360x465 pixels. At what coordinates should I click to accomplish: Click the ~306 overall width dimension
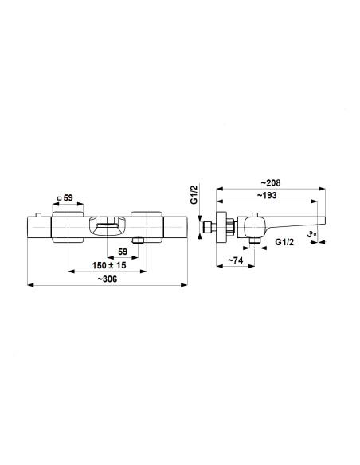pyautogui.click(x=108, y=279)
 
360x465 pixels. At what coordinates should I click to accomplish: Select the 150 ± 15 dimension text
pyautogui.click(x=109, y=265)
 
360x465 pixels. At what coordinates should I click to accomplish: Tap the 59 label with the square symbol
pyautogui.click(x=65, y=197)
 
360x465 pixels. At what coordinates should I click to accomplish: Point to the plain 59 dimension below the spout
pyautogui.click(x=123, y=252)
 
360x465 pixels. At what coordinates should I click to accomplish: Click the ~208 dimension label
pyautogui.click(x=271, y=183)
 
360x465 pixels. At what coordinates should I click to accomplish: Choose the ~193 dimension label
pyautogui.click(x=267, y=195)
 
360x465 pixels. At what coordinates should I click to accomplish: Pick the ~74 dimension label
pyautogui.click(x=236, y=260)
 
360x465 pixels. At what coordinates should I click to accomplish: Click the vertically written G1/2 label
pyautogui.click(x=194, y=194)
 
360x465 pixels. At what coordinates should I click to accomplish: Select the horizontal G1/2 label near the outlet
pyautogui.click(x=284, y=242)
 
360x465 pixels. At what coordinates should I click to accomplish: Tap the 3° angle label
pyautogui.click(x=311, y=235)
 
